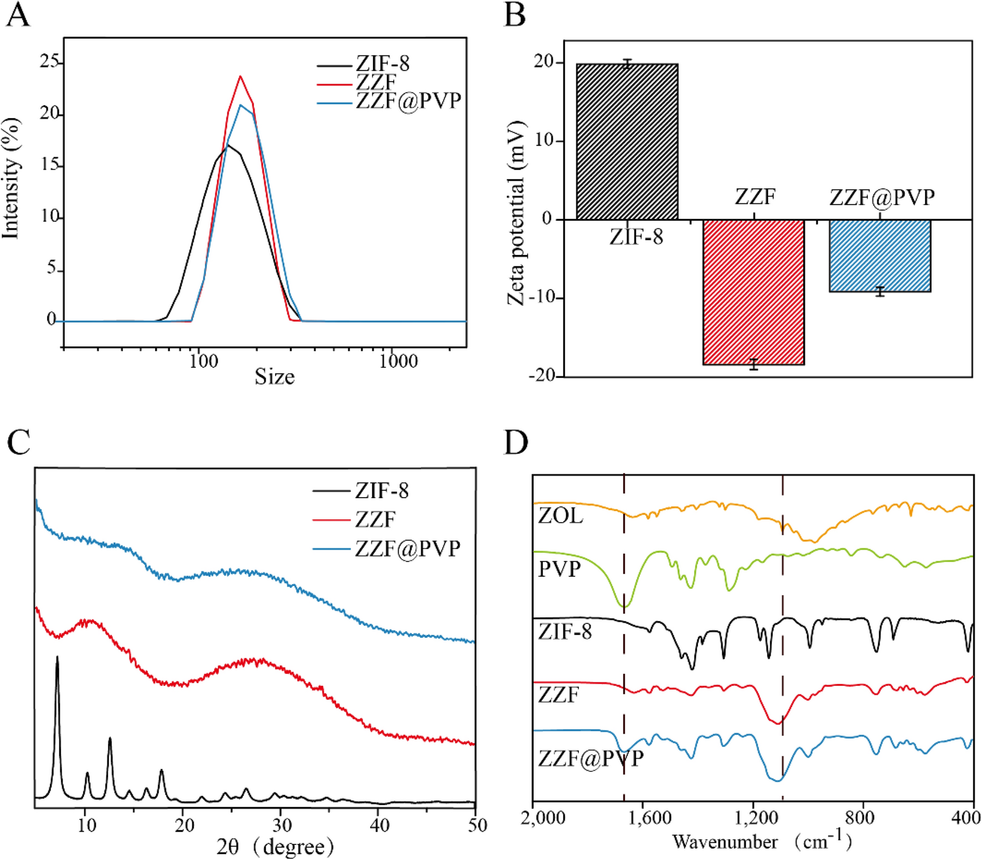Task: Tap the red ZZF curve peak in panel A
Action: coord(240,77)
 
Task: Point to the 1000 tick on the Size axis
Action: coord(398,361)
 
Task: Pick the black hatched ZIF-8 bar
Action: coord(627,142)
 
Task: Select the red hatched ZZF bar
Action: coord(753,291)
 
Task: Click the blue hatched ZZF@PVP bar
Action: coord(880,255)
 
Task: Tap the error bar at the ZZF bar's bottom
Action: coord(753,364)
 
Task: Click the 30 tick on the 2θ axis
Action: coord(281,826)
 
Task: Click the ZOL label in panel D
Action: coord(560,516)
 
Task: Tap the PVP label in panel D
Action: coord(560,569)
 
